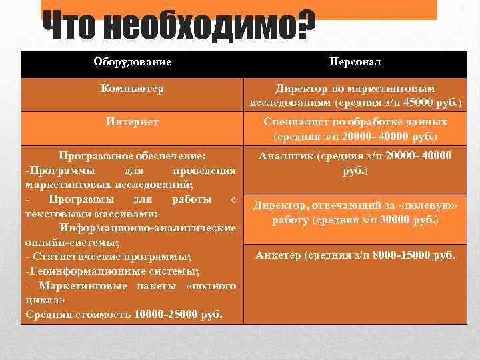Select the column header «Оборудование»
tap(132, 62)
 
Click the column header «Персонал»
tap(355, 62)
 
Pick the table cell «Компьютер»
tap(132, 88)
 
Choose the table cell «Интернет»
tap(132, 122)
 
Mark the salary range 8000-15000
tap(397, 254)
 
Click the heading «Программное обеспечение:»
tap(132, 156)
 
